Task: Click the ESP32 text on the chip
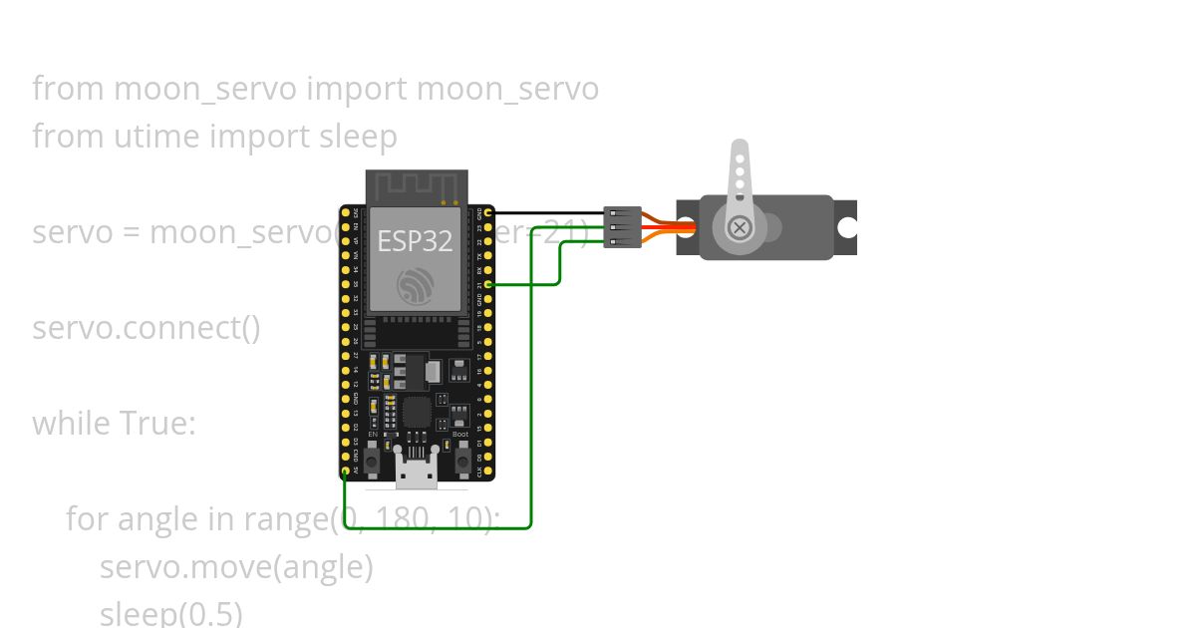[x=415, y=240]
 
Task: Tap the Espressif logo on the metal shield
[x=415, y=285]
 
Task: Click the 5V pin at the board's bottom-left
[x=346, y=471]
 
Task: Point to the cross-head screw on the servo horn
[x=740, y=227]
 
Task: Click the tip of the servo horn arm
[x=740, y=146]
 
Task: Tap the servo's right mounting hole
[x=846, y=227]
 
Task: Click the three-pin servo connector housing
[x=623, y=227]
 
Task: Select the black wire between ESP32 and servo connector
[x=548, y=212]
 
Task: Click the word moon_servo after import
[x=507, y=89]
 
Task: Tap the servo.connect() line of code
[x=147, y=328]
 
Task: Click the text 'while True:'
[x=114, y=424]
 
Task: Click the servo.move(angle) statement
[x=236, y=567]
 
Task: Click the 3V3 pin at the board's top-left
[x=346, y=212]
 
